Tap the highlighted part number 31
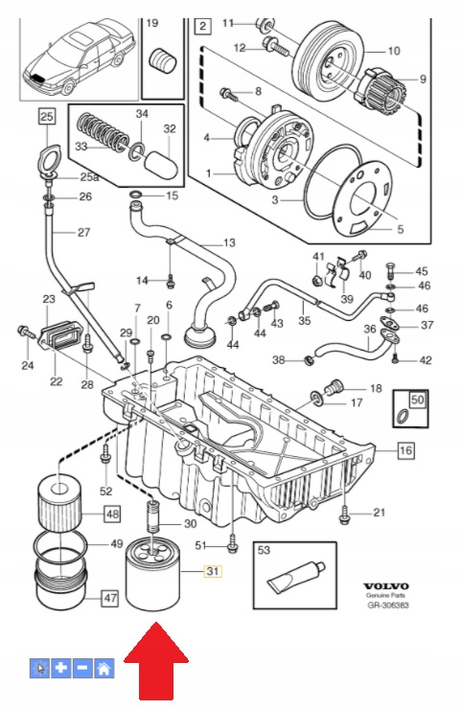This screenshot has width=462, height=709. pos(213,571)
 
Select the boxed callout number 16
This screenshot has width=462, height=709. pos(405,450)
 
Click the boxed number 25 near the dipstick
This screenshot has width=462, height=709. pos(47,117)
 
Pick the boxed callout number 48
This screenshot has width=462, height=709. pos(112,515)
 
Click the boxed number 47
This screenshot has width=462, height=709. pos(110,598)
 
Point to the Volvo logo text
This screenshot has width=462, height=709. pos(386,587)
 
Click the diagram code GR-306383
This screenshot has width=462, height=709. pos(388,605)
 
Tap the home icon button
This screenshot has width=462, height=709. pos(104,668)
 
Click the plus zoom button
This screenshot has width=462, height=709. pos(61,668)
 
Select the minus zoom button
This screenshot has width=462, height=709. pos(82,668)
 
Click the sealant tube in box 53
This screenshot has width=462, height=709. pos(296,579)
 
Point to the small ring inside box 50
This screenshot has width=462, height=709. pos(402,417)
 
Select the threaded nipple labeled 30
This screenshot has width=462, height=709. pos(154,515)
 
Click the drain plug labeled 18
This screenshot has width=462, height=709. pos(334,386)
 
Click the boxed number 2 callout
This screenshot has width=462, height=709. pos(202,26)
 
